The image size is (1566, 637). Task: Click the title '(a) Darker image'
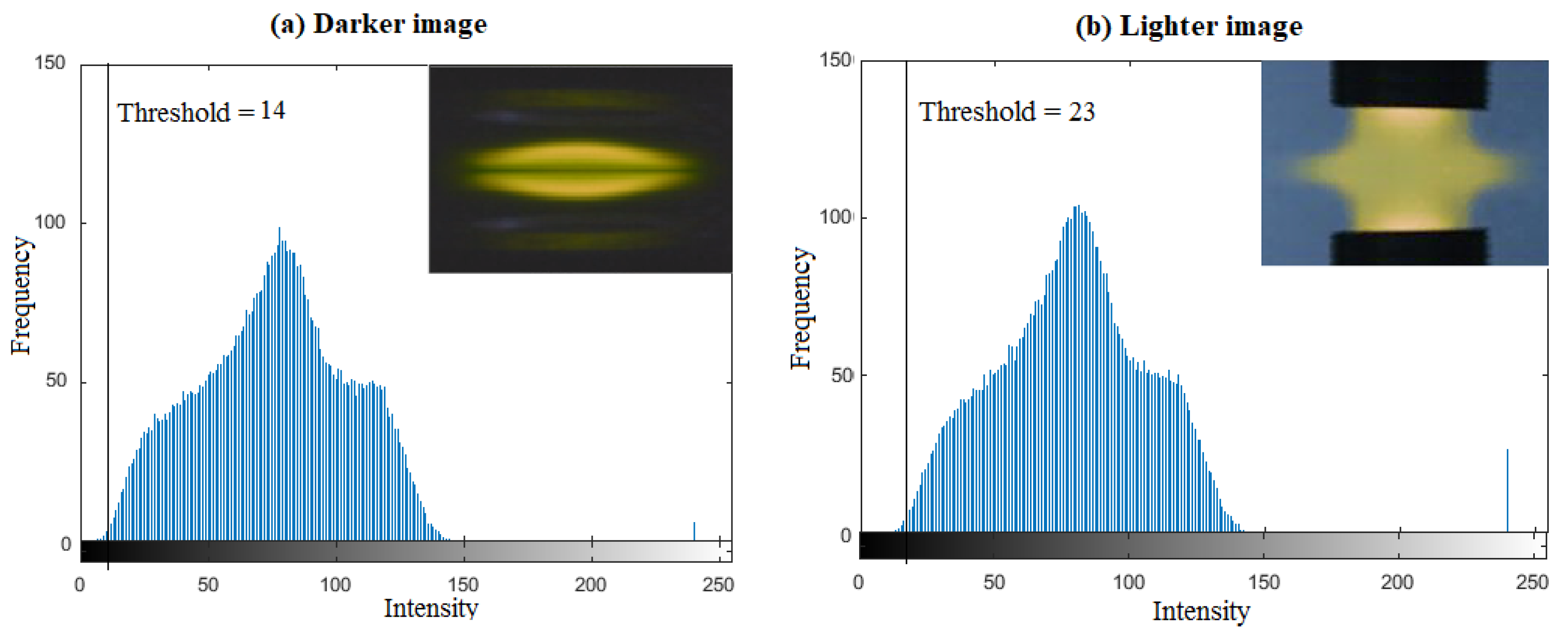click(378, 24)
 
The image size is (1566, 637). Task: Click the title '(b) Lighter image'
click(1188, 26)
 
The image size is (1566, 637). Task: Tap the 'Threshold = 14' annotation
click(200, 112)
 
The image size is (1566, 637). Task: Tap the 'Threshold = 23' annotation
click(1006, 112)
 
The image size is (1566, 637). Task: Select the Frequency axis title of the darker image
click(21, 295)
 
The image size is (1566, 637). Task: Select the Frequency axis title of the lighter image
click(800, 307)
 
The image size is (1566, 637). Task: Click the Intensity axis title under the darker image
click(431, 608)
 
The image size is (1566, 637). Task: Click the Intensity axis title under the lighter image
click(1201, 611)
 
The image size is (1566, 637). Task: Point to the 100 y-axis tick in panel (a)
click(49, 222)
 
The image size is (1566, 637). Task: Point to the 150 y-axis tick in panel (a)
click(49, 63)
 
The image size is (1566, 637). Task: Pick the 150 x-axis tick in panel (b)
click(1264, 582)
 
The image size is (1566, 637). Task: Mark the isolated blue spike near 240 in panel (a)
click(694, 530)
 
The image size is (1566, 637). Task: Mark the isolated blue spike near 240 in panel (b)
click(1507, 490)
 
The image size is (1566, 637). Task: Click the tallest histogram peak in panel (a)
click(279, 230)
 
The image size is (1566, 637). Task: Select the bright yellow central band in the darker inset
click(581, 171)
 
